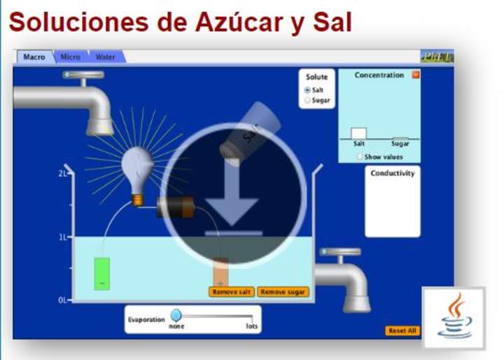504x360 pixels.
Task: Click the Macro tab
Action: coord(34,57)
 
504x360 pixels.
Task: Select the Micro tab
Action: coord(70,57)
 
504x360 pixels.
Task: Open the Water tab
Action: coord(106,57)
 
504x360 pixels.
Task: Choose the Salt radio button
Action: coord(307,90)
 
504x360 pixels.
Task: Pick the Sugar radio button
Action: coord(307,100)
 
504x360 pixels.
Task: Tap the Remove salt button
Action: coord(232,291)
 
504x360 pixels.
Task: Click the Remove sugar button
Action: coord(283,291)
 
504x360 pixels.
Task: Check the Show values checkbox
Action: coord(360,157)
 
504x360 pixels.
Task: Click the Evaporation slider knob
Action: coord(176,316)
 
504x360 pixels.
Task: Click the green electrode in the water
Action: coord(102,273)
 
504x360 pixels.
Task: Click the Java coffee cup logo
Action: coord(454,317)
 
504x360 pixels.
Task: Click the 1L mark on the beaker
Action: coord(62,237)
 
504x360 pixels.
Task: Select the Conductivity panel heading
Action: coord(392,173)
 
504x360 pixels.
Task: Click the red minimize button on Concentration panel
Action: coord(416,75)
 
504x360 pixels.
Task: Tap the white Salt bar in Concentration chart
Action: coord(358,133)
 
